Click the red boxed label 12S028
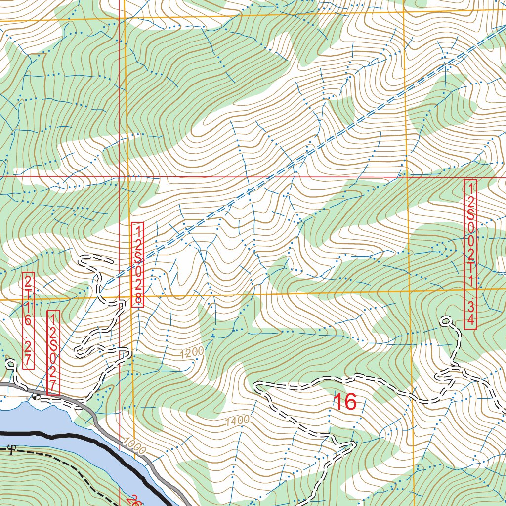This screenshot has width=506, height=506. point(138,265)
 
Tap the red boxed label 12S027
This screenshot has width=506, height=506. point(53,353)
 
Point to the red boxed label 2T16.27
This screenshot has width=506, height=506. point(29,321)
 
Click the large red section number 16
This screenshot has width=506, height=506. point(345,402)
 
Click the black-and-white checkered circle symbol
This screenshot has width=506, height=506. point(35,396)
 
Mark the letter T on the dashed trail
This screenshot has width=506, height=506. point(10,449)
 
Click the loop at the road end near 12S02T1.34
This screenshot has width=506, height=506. point(446,322)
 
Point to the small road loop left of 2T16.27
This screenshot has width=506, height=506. point(11,365)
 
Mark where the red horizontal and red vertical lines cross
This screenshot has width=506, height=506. point(120,176)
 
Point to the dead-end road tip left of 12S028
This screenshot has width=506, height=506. point(82,258)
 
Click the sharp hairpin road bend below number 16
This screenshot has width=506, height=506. point(352,444)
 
